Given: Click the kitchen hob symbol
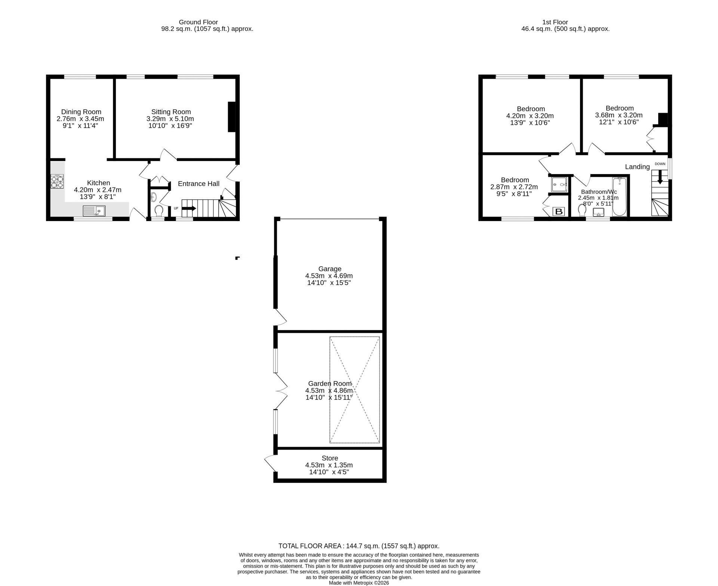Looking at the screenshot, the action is tap(57, 181).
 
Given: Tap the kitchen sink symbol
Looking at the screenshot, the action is tap(94, 211).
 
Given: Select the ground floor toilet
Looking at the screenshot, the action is tap(159, 211).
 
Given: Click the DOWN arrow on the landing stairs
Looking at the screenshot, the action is tap(660, 177).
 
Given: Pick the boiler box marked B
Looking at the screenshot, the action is tap(559, 212).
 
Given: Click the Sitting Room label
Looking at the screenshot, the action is tap(171, 112).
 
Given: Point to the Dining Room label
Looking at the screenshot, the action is tap(81, 112).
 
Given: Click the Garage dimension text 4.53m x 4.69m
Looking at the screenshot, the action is tap(329, 276).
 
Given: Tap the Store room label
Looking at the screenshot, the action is tap(330, 458).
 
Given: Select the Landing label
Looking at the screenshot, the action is tap(637, 167).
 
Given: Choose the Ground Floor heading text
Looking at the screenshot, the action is tap(198, 22).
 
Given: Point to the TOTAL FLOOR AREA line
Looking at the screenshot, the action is tap(359, 546).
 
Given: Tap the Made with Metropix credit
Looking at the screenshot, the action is tap(359, 583).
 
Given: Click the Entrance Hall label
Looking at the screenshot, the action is tap(199, 183).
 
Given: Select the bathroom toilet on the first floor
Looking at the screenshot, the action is tap(582, 211).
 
